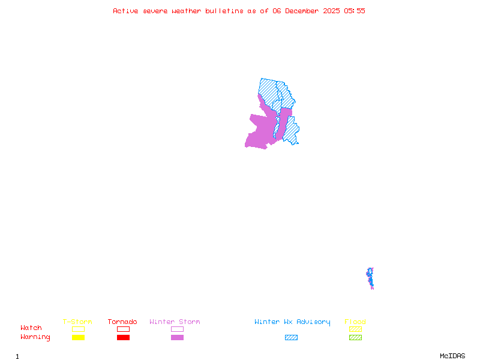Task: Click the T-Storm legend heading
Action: [77, 322]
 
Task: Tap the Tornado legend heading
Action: [122, 322]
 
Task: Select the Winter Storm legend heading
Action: [175, 322]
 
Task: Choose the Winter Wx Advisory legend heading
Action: [292, 322]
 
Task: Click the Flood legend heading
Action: [355, 322]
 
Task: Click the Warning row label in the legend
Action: [35, 337]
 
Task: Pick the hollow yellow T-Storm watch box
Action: [78, 329]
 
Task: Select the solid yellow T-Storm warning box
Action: [78, 337]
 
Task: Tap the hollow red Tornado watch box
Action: [123, 329]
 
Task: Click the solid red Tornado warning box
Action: [123, 337]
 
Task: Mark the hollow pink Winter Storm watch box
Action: [177, 329]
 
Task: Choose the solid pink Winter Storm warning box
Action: [177, 337]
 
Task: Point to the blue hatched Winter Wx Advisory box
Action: [291, 337]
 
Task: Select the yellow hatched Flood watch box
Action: [355, 329]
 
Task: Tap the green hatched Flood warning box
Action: [355, 337]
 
